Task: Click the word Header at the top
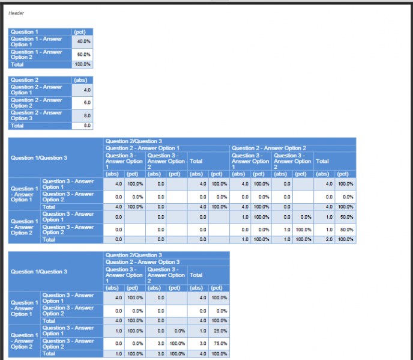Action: [x=16, y=13]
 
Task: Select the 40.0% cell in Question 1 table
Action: [x=83, y=41]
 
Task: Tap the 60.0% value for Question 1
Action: [x=83, y=55]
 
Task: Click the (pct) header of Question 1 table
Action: [x=79, y=32]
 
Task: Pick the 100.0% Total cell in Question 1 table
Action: [x=82, y=64]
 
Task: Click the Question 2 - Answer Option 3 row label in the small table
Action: [x=37, y=115]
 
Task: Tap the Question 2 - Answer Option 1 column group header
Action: [x=142, y=148]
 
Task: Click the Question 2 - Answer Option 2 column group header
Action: [x=269, y=148]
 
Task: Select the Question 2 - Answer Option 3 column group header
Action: [x=142, y=262]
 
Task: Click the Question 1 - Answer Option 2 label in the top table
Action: [x=37, y=55]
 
